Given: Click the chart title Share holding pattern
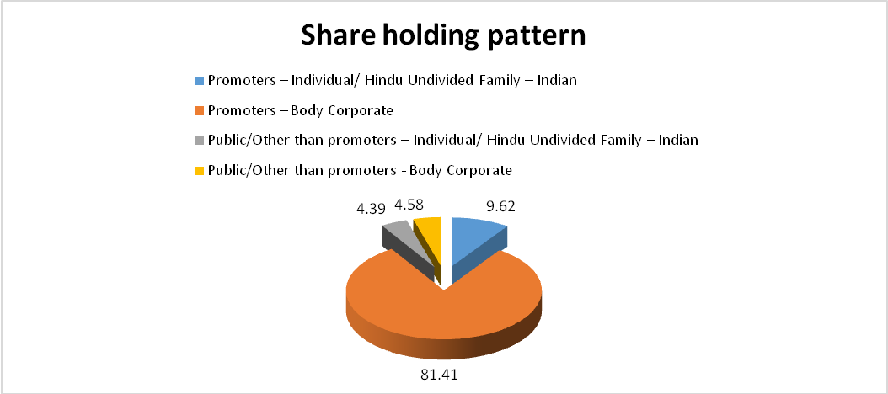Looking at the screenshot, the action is click(x=443, y=35).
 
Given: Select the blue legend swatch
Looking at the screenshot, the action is click(x=199, y=81).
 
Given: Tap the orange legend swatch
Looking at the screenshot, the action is click(x=199, y=111).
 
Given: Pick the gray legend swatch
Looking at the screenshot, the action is click(x=199, y=141).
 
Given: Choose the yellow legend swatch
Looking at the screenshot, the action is click(x=199, y=170).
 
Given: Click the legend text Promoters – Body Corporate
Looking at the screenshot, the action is click(x=300, y=111).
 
